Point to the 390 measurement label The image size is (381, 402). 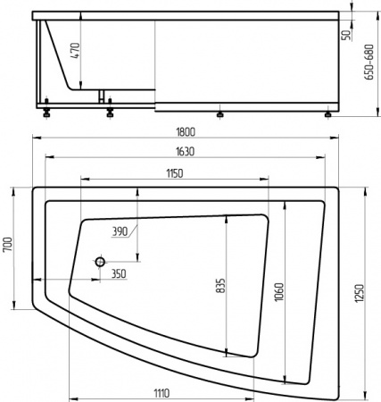(x=121, y=232)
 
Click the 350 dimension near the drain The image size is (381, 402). (x=119, y=274)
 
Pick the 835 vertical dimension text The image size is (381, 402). (x=221, y=285)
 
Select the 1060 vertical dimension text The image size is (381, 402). (x=279, y=290)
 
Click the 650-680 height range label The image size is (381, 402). (x=369, y=63)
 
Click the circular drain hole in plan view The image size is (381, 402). (x=100, y=263)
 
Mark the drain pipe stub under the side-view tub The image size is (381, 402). (x=103, y=96)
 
